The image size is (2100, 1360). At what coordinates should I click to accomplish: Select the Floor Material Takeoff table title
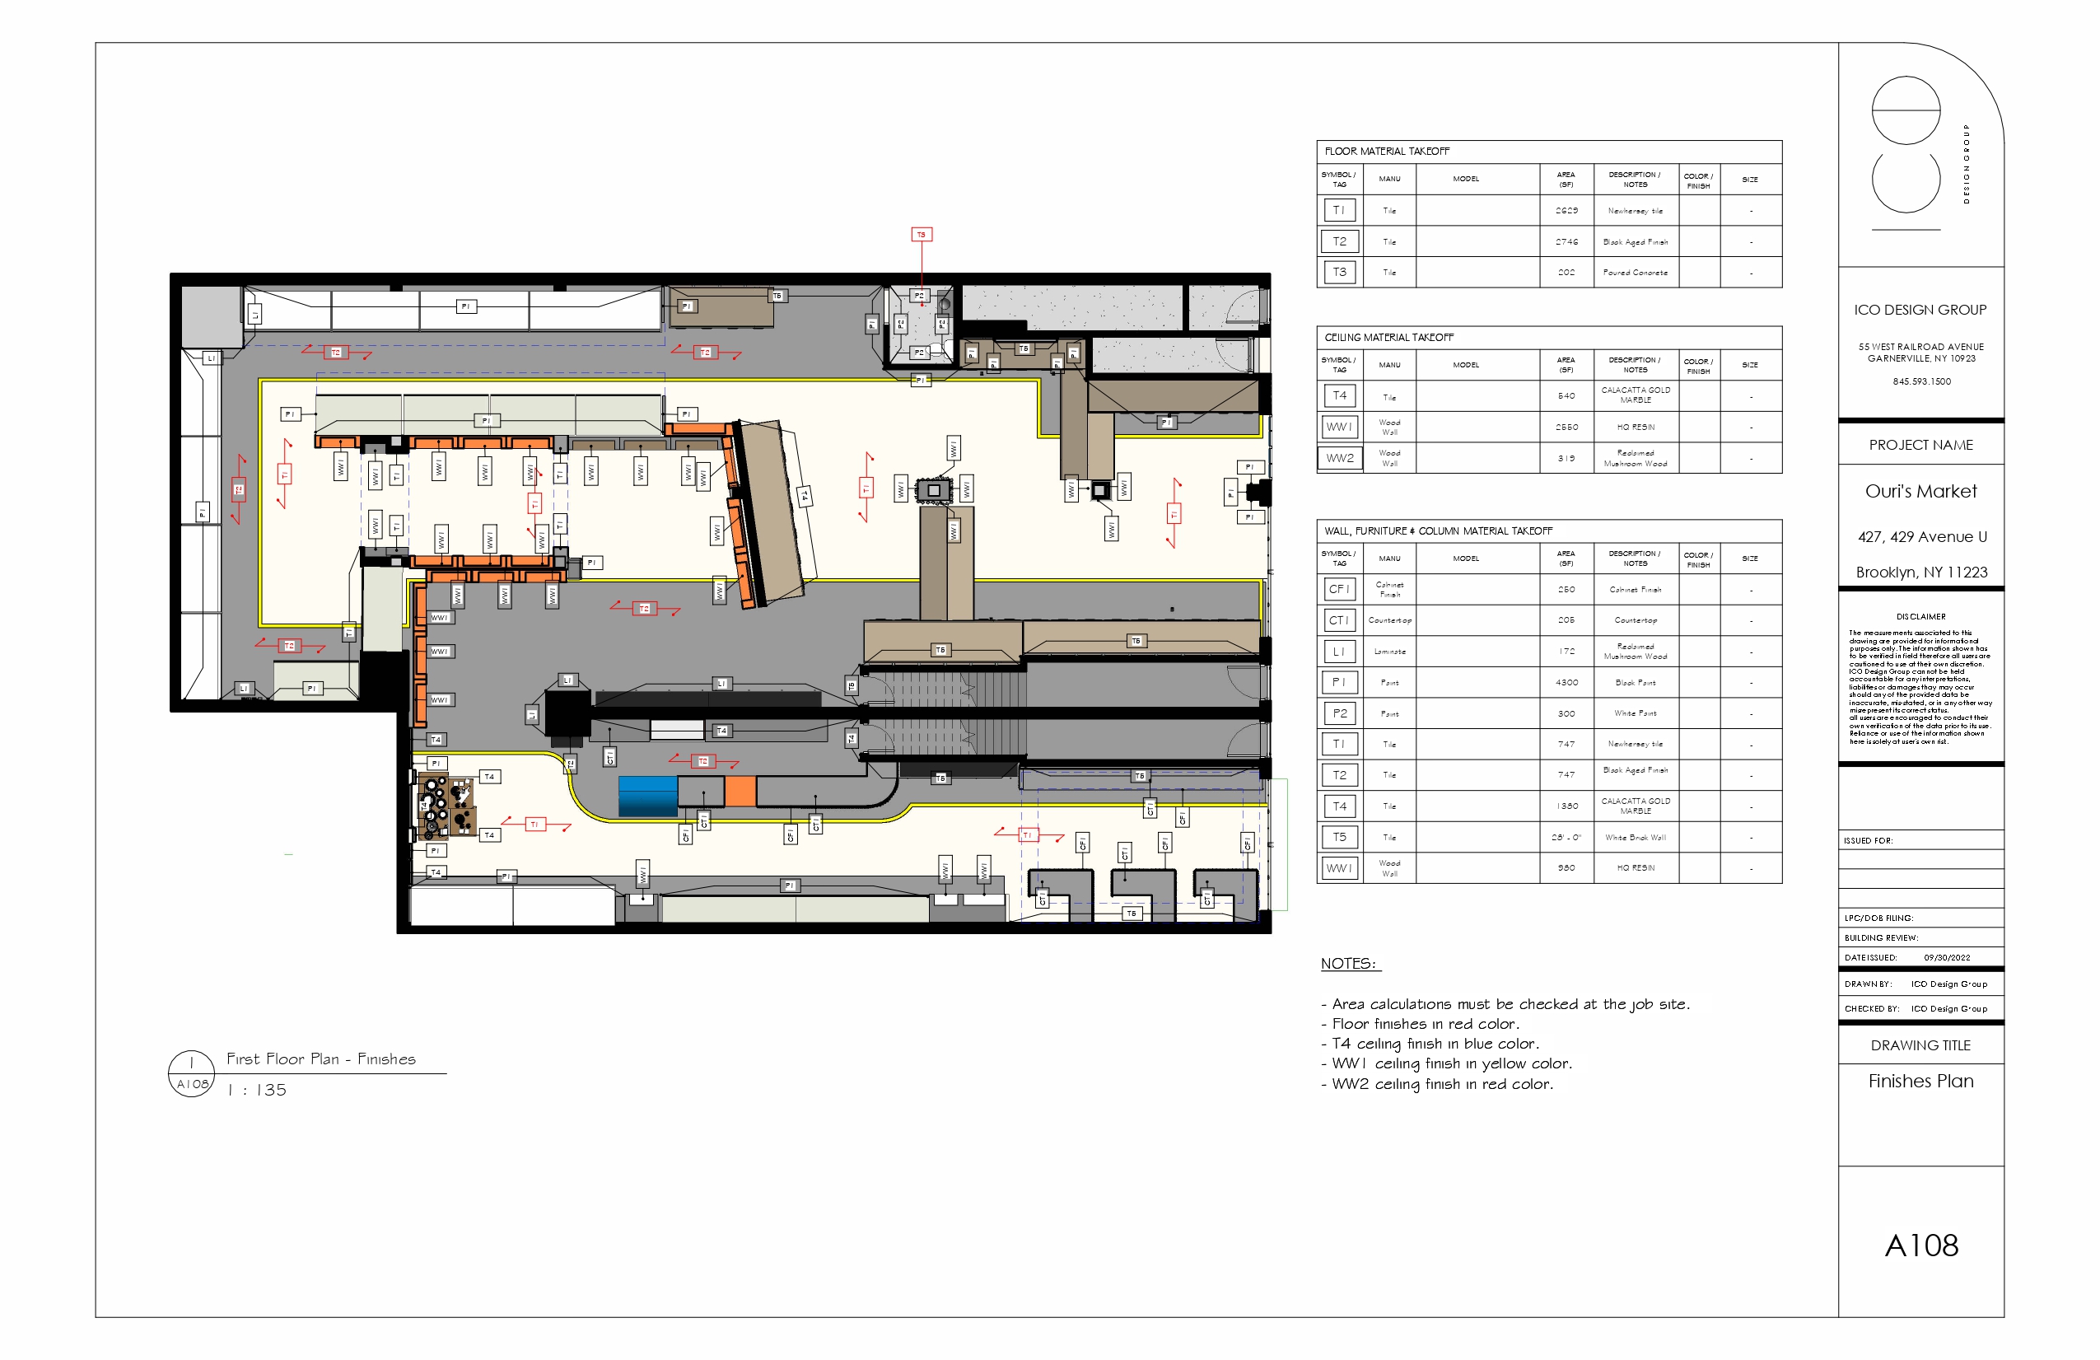1386,152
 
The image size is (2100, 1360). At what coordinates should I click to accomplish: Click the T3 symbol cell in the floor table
1339,272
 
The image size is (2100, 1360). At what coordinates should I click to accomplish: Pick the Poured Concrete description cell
1635,273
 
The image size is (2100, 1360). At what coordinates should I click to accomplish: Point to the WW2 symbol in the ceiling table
1339,458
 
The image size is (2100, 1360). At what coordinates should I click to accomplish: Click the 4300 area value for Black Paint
1566,682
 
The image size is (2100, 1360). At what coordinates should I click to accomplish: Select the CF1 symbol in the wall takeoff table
1339,589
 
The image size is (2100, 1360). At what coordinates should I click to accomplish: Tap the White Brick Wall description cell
1635,838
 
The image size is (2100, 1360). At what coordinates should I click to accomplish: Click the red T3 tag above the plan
922,235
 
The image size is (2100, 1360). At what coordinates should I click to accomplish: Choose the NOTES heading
1348,964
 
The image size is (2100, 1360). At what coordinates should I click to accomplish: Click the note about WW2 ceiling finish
1442,1085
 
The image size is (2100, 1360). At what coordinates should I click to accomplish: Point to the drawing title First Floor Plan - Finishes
321,1059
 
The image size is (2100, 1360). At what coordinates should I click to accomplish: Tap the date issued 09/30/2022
1947,957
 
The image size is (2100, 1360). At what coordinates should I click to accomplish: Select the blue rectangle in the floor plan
647,795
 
